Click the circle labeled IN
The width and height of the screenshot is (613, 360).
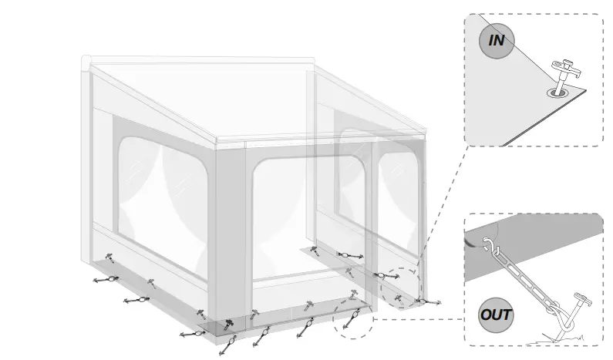pos(497,40)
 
